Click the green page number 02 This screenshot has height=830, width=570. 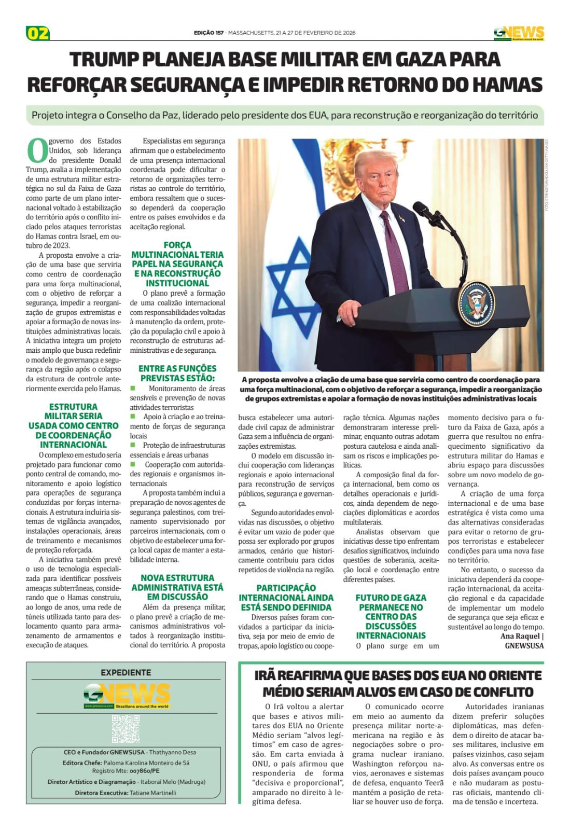click(x=38, y=34)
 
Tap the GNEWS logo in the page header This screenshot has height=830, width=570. click(x=519, y=33)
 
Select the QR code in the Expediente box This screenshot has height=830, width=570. click(x=126, y=728)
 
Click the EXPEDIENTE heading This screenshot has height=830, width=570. click(x=126, y=672)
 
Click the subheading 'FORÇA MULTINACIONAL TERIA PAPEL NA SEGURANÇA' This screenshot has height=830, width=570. click(x=177, y=264)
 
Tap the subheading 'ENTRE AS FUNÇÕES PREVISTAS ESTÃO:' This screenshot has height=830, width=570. click(x=177, y=373)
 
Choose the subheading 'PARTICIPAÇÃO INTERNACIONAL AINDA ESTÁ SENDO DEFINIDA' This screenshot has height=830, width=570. click(x=286, y=597)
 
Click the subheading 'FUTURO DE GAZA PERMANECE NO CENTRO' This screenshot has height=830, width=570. click(x=391, y=616)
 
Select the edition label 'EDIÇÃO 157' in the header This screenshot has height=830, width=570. click(x=208, y=33)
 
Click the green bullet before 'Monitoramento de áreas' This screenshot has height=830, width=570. click(x=133, y=388)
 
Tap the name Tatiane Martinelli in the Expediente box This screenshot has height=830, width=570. click(x=153, y=793)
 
